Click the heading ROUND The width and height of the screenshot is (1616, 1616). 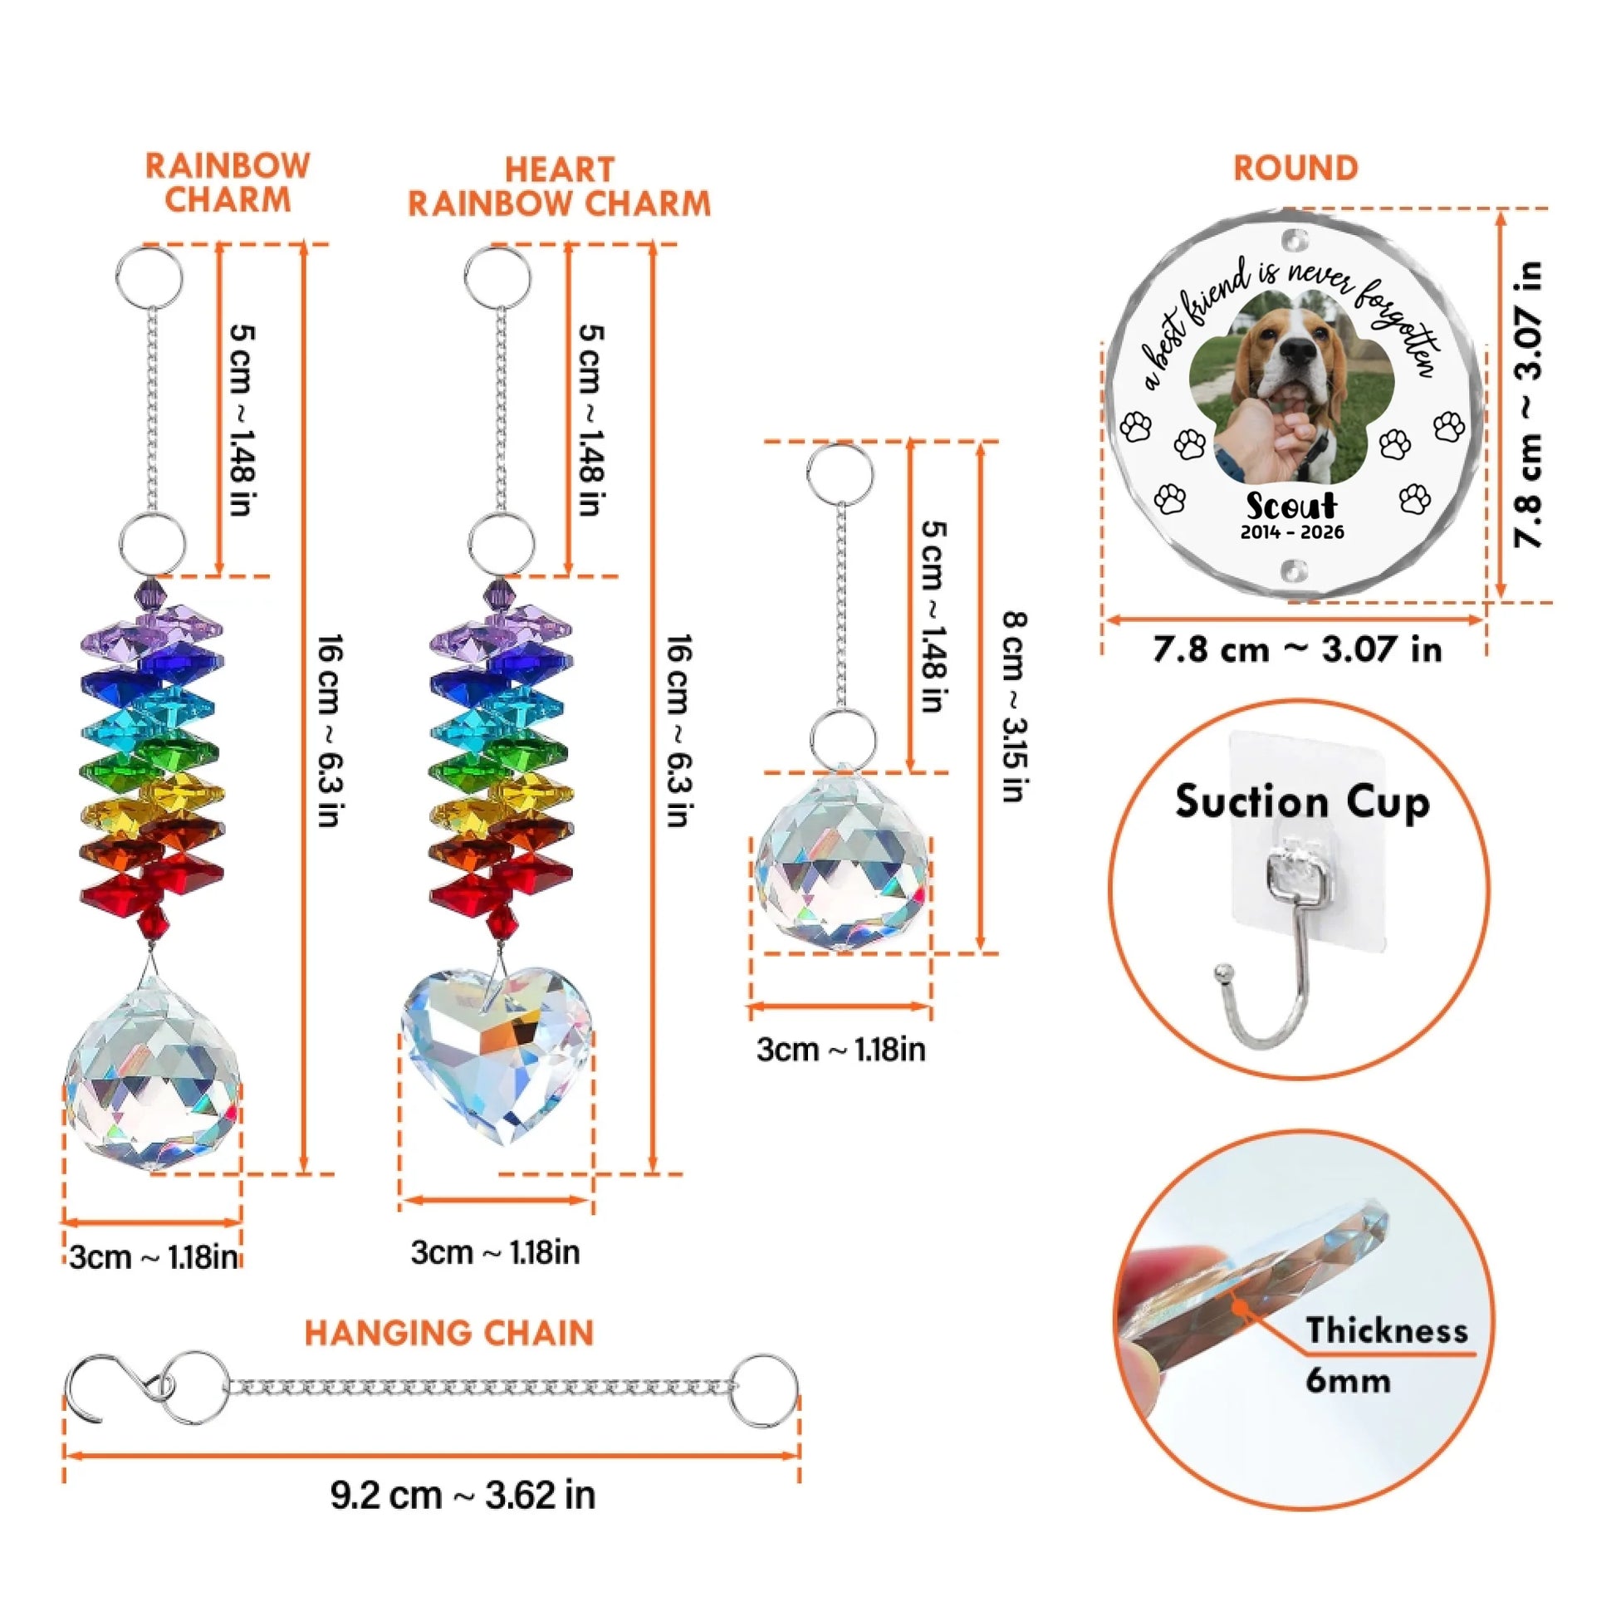click(x=1295, y=168)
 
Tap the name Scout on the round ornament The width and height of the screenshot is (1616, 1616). click(x=1291, y=506)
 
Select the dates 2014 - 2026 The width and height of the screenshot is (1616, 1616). click(x=1292, y=532)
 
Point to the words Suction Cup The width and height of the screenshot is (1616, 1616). click(x=1302, y=801)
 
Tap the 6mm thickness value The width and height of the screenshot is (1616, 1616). click(x=1349, y=1380)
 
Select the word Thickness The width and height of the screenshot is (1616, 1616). click(x=1387, y=1330)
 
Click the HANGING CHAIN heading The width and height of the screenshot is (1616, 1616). click(x=448, y=1334)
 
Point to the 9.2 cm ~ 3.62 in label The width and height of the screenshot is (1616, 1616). click(x=463, y=1495)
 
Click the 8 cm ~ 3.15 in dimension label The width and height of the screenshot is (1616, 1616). click(x=1015, y=707)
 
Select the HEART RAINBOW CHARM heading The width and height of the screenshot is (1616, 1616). click(x=560, y=187)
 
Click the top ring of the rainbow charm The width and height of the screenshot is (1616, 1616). click(x=149, y=277)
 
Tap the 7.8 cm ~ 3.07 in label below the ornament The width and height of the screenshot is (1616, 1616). click(x=1297, y=649)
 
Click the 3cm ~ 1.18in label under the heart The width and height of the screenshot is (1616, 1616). click(x=495, y=1252)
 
